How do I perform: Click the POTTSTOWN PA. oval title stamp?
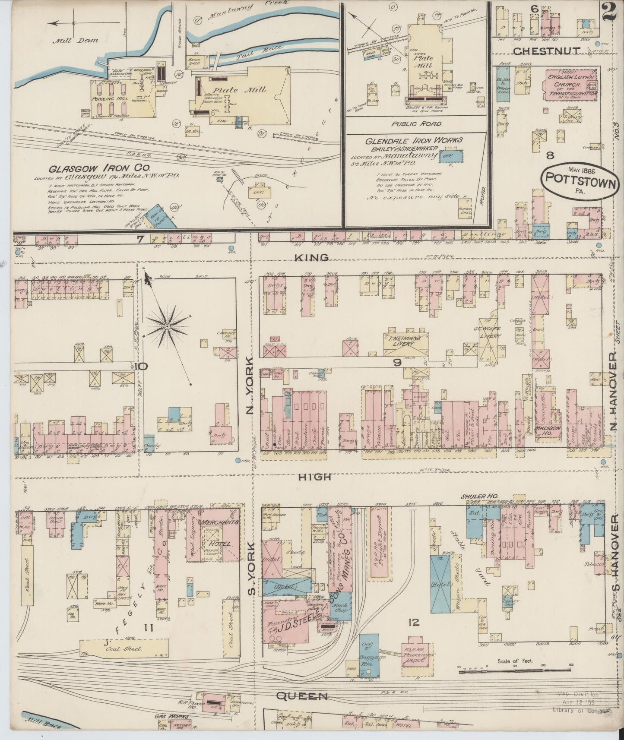tap(581, 180)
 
